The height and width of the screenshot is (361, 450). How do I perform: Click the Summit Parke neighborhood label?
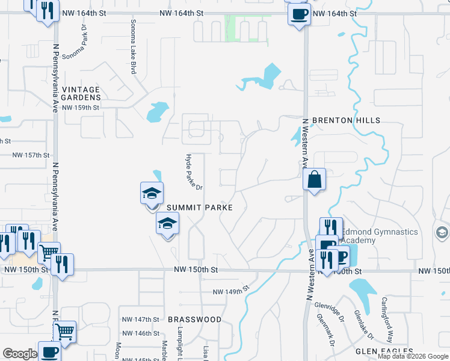pos(199,207)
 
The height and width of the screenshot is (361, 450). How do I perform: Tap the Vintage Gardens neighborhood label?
pos(81,93)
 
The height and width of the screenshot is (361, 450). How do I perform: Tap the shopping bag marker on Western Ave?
pos(314,179)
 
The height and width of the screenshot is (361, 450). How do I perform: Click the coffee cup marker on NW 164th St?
pos(298,14)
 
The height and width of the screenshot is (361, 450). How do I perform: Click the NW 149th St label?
pos(231,292)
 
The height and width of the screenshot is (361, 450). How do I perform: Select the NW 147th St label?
pos(140,319)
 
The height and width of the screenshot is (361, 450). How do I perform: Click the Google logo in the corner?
pos(20,354)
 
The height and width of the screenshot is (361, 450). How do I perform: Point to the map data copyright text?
pos(413,356)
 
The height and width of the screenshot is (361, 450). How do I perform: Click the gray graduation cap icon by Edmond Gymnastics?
pos(442,232)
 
